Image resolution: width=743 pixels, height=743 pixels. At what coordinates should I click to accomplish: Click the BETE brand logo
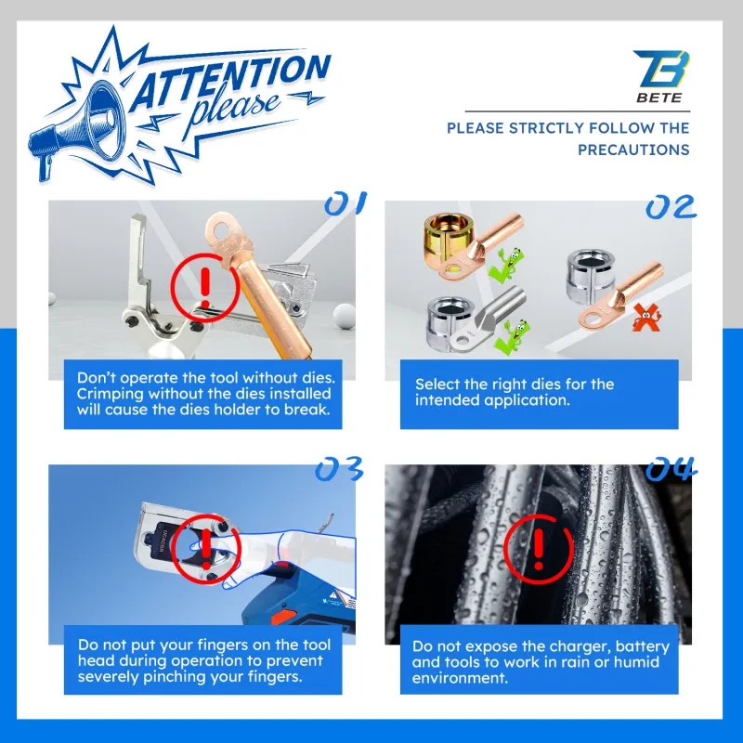click(661, 76)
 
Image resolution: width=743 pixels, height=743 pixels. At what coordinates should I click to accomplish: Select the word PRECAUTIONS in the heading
click(633, 150)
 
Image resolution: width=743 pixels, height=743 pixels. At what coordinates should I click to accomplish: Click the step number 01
click(345, 202)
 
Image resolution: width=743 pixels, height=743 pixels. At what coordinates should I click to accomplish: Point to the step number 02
click(671, 207)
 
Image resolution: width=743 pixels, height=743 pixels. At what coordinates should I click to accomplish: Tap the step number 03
click(339, 468)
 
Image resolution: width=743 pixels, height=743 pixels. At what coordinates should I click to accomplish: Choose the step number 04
click(671, 468)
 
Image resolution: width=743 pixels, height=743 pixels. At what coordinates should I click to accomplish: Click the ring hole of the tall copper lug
click(221, 231)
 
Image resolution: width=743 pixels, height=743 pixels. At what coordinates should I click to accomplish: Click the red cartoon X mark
click(647, 319)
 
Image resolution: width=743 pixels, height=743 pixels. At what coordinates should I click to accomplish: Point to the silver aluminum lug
click(489, 319)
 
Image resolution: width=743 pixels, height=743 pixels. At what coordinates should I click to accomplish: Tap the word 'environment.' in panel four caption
click(460, 678)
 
